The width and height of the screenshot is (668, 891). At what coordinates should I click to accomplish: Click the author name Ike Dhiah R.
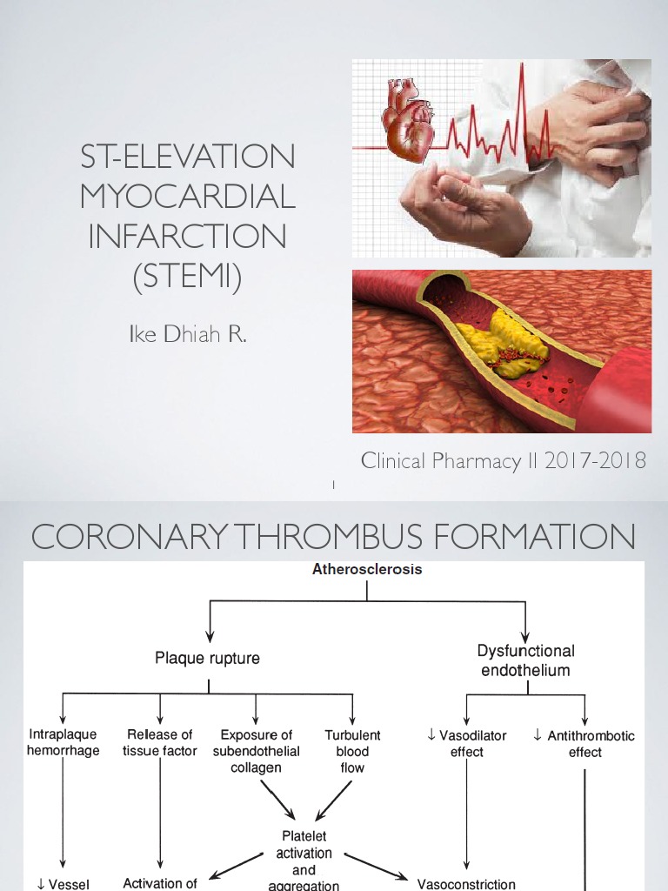click(188, 335)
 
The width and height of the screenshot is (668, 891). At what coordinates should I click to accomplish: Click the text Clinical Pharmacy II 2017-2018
click(504, 461)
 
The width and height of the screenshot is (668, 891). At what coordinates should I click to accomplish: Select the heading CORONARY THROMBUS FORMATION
click(333, 537)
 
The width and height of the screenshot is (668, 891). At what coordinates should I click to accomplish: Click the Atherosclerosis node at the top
click(367, 570)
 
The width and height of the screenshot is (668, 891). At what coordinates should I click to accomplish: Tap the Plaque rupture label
click(207, 659)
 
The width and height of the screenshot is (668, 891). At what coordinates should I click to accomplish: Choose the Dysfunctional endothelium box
click(525, 660)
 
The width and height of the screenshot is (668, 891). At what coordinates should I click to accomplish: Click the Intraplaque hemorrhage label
click(63, 743)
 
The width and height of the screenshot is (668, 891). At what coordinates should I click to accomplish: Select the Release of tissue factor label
click(160, 743)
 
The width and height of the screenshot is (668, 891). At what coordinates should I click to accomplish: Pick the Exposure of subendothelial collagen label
click(256, 751)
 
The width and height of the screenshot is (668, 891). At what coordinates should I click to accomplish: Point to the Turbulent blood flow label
click(352, 751)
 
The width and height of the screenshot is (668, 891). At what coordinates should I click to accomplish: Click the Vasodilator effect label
click(467, 743)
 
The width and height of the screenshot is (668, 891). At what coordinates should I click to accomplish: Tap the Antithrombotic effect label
click(584, 743)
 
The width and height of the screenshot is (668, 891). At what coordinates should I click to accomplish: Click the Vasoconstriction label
click(466, 883)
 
